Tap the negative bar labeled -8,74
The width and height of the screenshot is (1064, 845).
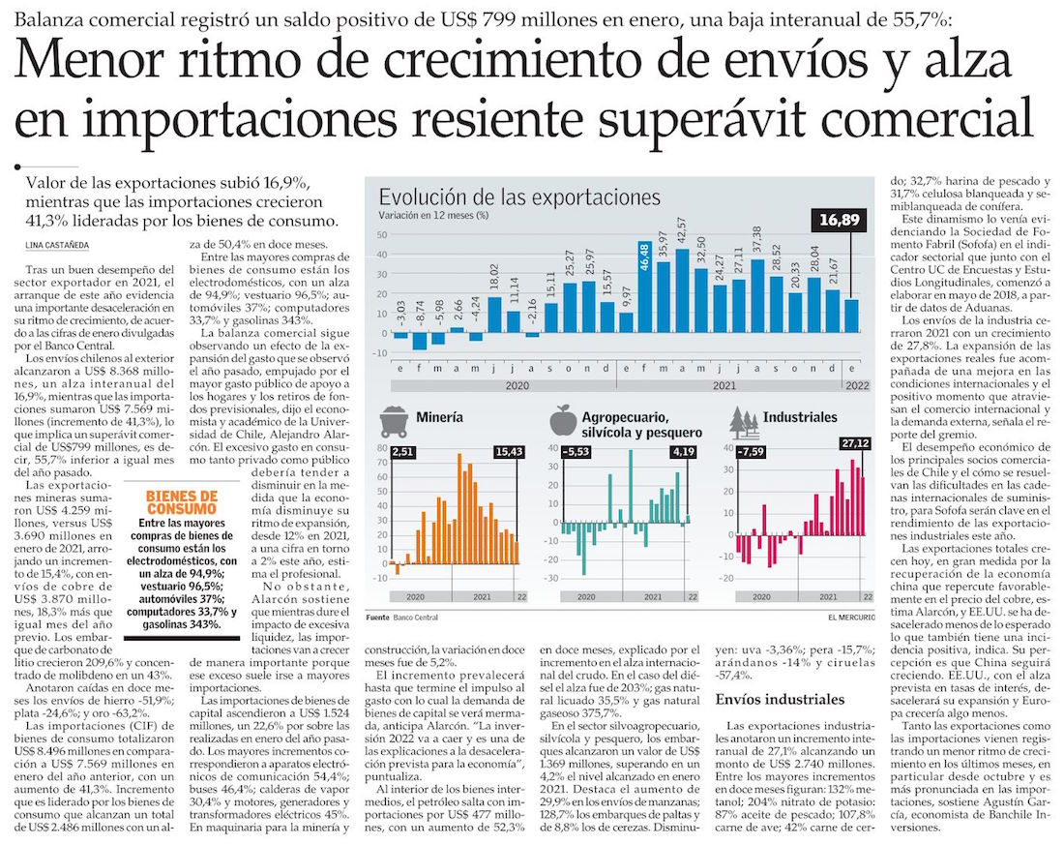419,340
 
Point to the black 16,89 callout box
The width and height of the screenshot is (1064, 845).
838,221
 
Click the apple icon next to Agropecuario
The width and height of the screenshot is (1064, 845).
563,420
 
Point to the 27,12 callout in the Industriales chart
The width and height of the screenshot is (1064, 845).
852,444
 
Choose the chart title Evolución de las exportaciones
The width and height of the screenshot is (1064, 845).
518,197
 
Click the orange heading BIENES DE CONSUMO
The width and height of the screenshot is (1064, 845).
181,502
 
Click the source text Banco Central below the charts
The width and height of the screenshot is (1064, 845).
415,617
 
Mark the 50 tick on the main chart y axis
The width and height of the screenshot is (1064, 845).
383,235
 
